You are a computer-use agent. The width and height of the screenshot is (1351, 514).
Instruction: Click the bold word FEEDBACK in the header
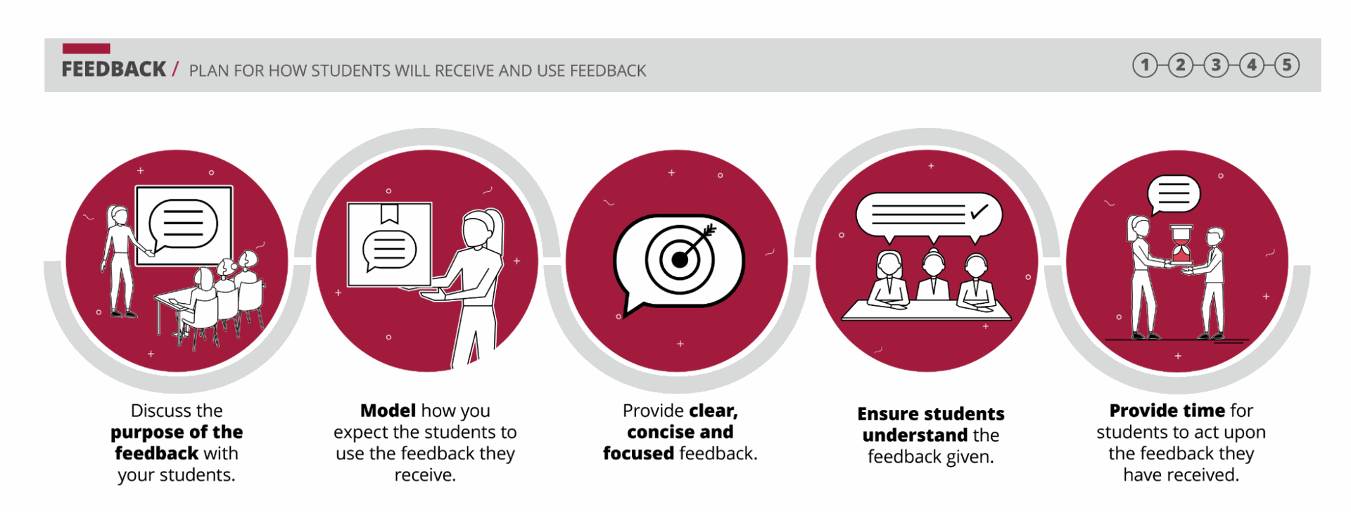pos(113,69)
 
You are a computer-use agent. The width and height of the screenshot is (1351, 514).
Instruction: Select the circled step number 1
pos(1145,65)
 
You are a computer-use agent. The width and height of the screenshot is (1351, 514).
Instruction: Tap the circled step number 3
pos(1216,65)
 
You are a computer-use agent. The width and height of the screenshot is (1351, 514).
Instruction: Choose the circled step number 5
pos(1287,65)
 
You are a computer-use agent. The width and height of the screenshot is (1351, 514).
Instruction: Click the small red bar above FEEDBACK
pos(86,49)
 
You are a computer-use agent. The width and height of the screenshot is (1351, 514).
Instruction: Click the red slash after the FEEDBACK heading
pos(175,69)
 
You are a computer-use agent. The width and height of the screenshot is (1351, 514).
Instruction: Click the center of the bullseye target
pos(680,260)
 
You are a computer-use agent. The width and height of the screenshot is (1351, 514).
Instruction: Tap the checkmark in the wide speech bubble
pos(979,211)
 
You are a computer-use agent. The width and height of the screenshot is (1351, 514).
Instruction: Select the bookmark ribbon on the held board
pos(389,213)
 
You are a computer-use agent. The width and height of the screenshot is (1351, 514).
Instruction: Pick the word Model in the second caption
pos(388,410)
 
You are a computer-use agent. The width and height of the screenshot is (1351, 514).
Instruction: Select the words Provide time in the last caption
pos(1157,410)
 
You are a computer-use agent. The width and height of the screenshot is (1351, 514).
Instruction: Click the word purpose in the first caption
pos(144,432)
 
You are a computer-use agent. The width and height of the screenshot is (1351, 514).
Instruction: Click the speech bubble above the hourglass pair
pos(1174,194)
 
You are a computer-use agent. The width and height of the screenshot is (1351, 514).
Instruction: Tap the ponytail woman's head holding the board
pos(481,229)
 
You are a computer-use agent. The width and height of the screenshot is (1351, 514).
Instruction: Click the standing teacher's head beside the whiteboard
pos(117,217)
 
